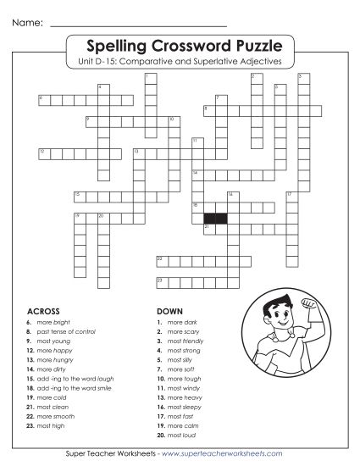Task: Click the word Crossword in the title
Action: click(x=180, y=43)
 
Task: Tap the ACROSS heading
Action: click(x=45, y=311)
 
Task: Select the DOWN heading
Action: click(x=171, y=311)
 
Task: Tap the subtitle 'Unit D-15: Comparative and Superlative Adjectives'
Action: click(x=180, y=61)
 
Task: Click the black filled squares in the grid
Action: click(x=215, y=218)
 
